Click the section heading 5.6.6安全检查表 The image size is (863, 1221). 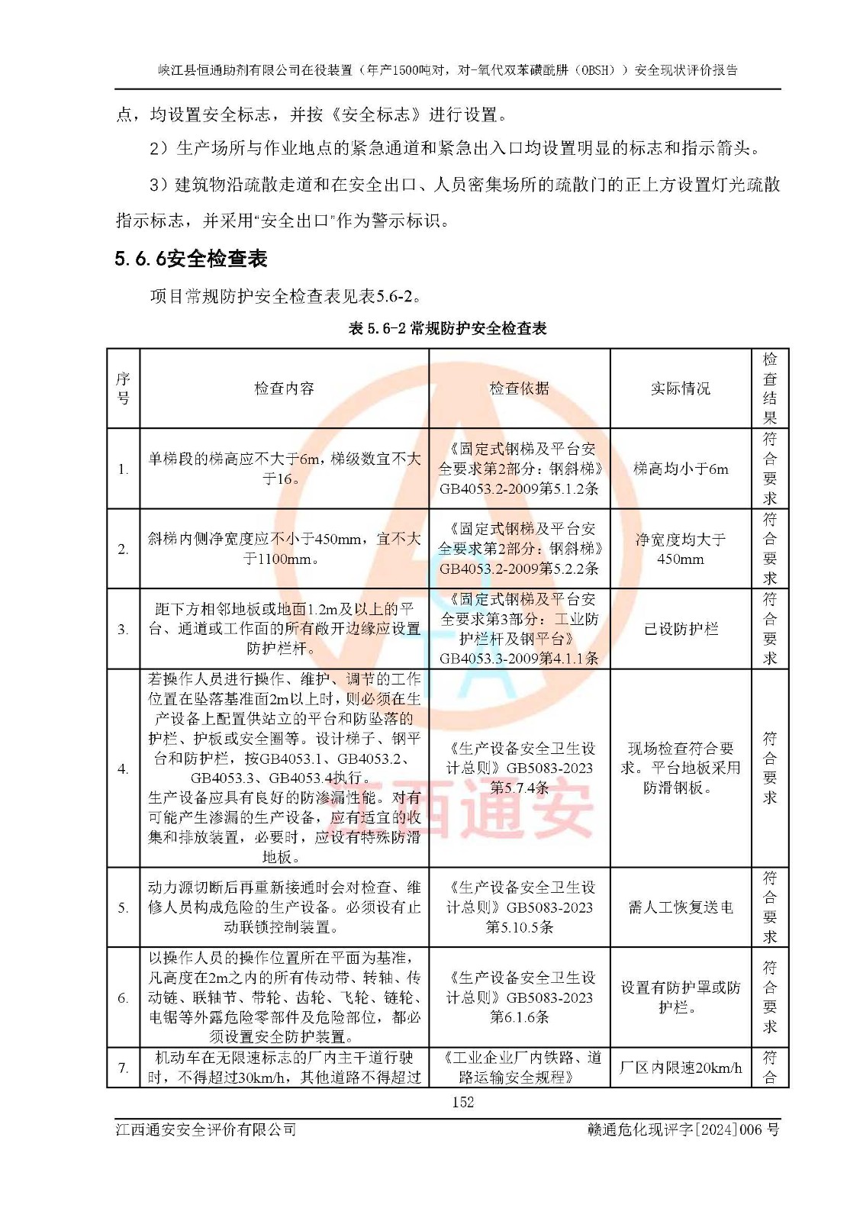(x=191, y=259)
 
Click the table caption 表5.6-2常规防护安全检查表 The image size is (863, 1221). (x=447, y=328)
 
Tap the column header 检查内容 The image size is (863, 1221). (x=284, y=388)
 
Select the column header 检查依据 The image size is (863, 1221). (x=519, y=388)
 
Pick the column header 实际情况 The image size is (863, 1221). (x=680, y=388)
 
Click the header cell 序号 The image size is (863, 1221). (x=123, y=388)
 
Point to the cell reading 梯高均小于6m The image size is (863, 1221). (x=680, y=469)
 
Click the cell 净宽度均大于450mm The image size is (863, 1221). (x=680, y=549)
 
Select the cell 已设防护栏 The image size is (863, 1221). (x=680, y=629)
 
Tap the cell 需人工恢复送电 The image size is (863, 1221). (x=680, y=907)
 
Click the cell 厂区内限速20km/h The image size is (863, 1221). (x=680, y=1068)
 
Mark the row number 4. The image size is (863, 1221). (x=123, y=768)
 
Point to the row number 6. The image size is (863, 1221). (x=123, y=997)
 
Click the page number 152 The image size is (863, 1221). (x=462, y=1102)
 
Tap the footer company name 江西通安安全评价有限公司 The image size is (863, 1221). (x=206, y=1129)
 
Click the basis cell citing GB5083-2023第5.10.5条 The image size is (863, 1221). (x=519, y=907)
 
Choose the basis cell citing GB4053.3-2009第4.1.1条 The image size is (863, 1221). (x=519, y=629)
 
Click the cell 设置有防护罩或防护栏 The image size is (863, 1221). (x=680, y=997)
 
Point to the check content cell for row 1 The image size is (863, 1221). (x=284, y=469)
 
